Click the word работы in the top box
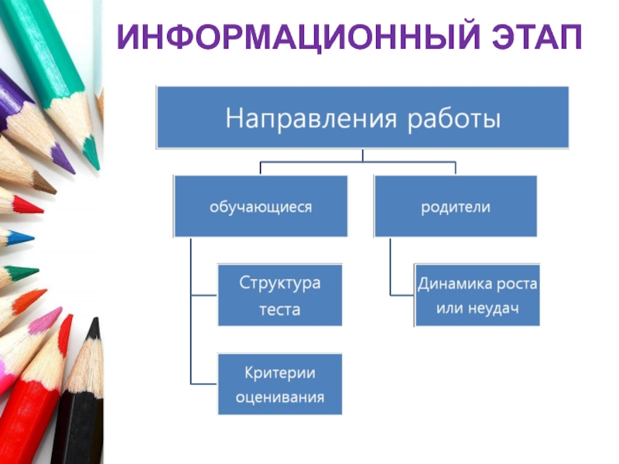[x=453, y=119]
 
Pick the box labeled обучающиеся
[x=261, y=207]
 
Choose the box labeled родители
[x=456, y=207]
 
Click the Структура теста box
[x=279, y=296]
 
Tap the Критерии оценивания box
[x=279, y=385]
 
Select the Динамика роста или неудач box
[x=477, y=296]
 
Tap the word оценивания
[x=280, y=398]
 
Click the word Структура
[x=280, y=283]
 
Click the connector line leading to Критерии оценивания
[x=203, y=384]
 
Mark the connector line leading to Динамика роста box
[x=402, y=295]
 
